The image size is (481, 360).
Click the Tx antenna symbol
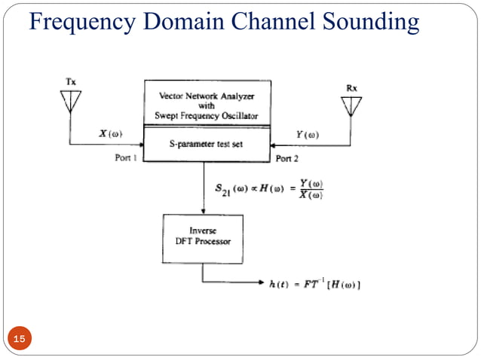[x=71, y=101]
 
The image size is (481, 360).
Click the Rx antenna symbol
[x=351, y=106]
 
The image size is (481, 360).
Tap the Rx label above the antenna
[x=351, y=88]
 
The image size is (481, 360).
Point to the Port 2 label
[x=288, y=159]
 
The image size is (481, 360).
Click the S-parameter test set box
[x=205, y=145]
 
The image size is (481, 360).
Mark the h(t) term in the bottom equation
[x=279, y=283]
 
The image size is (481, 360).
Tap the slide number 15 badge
[x=19, y=340]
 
